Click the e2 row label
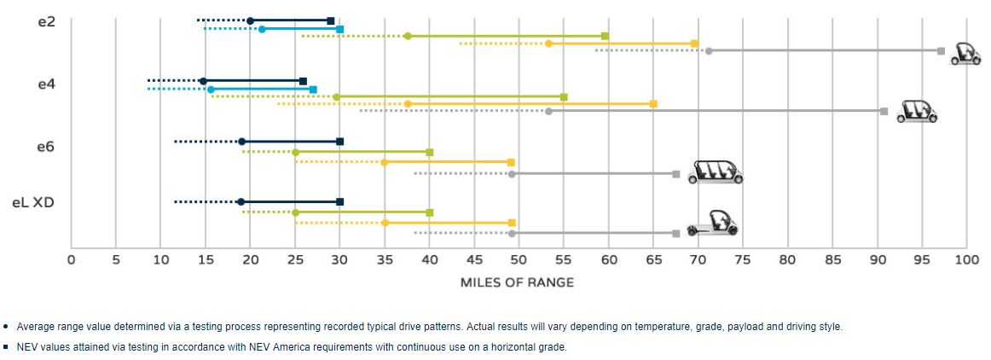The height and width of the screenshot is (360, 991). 47,21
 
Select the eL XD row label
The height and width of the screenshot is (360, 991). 33,203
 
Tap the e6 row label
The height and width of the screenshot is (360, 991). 45,147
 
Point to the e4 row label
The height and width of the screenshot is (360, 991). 47,84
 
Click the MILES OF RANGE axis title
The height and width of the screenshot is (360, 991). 517,282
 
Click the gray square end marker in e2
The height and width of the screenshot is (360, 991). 941,51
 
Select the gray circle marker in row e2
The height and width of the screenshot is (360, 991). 709,51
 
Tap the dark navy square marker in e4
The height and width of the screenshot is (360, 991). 303,81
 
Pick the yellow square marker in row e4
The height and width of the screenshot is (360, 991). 653,104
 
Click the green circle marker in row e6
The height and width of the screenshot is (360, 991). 295,152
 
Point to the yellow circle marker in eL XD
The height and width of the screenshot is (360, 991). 385,223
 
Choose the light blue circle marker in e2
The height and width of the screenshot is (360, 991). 262,30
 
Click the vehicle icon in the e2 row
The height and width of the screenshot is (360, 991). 966,54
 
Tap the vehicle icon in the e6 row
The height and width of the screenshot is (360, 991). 715,171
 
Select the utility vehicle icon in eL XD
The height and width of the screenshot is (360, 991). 712,224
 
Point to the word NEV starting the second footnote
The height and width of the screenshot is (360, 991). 26,347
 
